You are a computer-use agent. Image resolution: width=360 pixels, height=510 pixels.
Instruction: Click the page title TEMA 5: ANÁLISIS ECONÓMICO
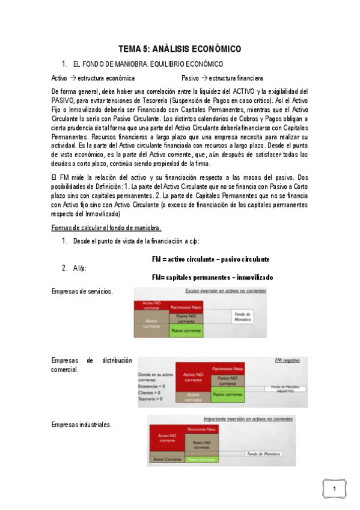click(x=180, y=49)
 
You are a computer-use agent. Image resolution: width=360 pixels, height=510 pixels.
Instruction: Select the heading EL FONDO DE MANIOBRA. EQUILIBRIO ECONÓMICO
click(x=147, y=64)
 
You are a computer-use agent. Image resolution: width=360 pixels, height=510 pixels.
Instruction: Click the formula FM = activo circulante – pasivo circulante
click(x=210, y=259)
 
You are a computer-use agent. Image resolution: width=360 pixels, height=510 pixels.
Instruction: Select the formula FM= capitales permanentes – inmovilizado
click(x=212, y=277)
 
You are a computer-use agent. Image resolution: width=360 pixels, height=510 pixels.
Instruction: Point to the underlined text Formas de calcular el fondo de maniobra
click(x=106, y=227)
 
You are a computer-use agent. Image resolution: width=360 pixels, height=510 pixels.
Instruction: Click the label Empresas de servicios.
click(x=82, y=291)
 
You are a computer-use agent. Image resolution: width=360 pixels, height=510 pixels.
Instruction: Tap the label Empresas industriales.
click(x=82, y=425)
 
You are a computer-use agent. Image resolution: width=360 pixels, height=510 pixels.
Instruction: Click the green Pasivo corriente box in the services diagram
click(x=186, y=330)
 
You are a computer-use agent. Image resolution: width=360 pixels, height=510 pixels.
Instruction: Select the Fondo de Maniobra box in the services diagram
click(x=242, y=317)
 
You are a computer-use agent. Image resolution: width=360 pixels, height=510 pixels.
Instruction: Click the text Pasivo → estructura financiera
click(x=222, y=78)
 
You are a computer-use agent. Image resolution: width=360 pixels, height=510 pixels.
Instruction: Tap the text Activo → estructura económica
click(x=93, y=78)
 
